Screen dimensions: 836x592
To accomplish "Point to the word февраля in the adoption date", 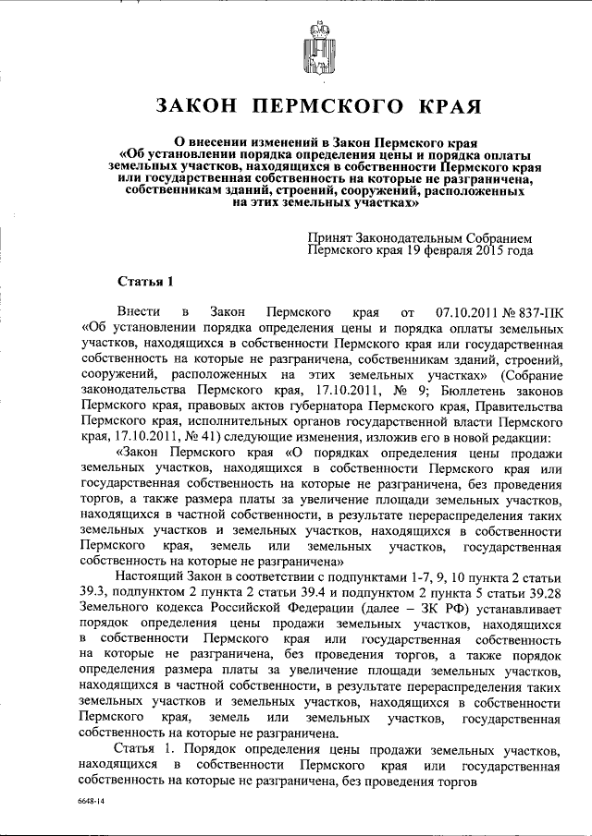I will point(450,249).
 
